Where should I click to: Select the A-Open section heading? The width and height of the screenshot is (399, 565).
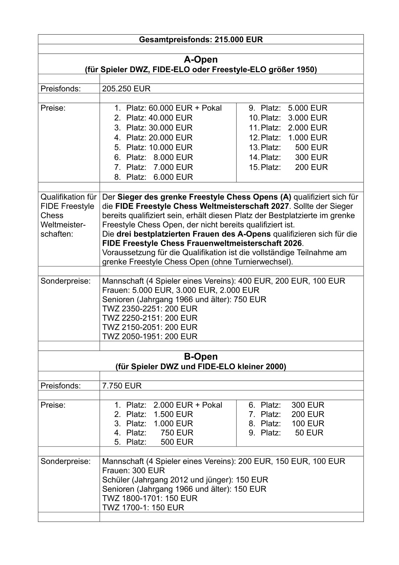(201, 60)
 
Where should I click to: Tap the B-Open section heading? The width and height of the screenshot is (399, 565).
(201, 357)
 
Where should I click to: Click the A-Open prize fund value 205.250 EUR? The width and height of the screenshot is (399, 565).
(126, 89)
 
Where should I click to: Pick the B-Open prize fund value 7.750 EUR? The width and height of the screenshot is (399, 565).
(122, 386)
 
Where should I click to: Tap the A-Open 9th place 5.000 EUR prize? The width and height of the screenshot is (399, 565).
(307, 108)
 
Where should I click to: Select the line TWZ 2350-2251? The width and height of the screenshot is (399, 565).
(150, 309)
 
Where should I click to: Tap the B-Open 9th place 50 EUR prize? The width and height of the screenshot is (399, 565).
(309, 433)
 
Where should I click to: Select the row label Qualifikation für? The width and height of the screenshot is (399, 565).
(68, 197)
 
